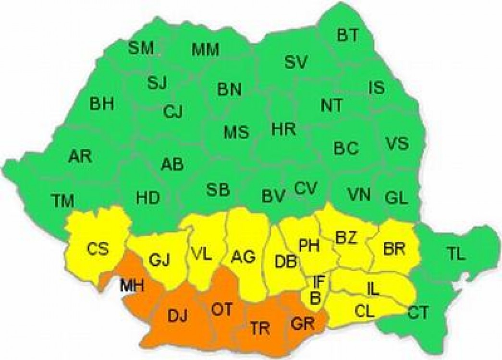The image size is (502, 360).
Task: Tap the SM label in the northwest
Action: click(141, 48)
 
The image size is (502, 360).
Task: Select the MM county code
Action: click(205, 49)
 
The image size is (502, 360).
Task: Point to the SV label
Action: click(295, 62)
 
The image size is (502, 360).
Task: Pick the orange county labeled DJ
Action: click(178, 316)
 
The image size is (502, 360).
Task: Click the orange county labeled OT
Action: click(222, 310)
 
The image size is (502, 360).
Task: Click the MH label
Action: click(133, 287)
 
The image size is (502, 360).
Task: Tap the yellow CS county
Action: click(98, 250)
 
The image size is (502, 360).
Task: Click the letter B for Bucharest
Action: click(316, 298)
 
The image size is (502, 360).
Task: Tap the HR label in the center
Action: click(283, 129)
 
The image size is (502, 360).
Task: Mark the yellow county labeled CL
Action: click(365, 311)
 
